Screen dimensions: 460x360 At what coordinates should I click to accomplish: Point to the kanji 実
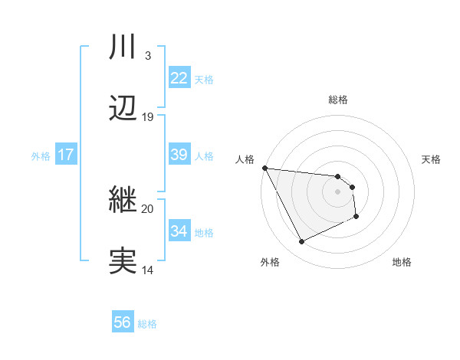click(123, 260)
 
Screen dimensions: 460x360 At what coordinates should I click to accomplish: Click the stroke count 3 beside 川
click(147, 56)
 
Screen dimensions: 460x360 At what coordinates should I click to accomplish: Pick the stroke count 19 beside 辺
click(147, 116)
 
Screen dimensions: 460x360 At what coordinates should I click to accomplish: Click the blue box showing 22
click(179, 78)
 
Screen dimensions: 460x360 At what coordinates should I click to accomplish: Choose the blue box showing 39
click(179, 155)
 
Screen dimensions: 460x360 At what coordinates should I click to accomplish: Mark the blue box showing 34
click(179, 231)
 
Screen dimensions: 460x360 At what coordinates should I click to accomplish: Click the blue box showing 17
click(65, 155)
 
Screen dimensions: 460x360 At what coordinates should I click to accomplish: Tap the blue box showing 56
click(122, 322)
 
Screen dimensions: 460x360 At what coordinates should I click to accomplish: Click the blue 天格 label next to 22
click(203, 79)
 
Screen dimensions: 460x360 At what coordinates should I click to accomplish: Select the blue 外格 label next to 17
click(41, 155)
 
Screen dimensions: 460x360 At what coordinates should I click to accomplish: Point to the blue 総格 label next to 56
click(147, 323)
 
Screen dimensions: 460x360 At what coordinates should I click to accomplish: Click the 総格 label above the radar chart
click(338, 100)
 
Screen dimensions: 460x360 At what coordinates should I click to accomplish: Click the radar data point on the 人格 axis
click(264, 168)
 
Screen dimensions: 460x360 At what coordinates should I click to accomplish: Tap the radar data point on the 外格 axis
click(301, 242)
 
